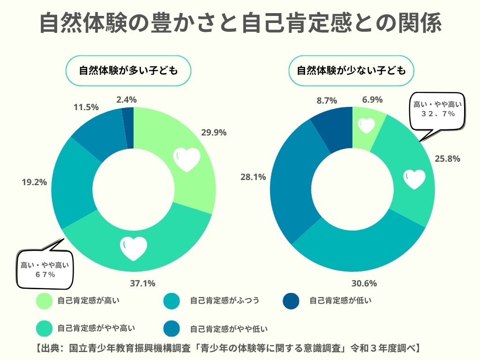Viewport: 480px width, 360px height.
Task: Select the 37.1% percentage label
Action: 142,283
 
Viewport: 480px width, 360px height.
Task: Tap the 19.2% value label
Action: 34,182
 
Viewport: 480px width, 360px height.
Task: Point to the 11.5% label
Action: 86,107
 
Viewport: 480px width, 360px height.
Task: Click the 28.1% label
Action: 253,177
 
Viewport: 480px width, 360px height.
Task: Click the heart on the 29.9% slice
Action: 187,160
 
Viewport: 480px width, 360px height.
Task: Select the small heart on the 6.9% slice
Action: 367,125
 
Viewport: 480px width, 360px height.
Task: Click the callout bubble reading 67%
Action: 45,270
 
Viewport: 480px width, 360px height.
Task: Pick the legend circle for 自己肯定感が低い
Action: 292,301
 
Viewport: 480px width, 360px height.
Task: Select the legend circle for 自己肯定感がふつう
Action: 172,301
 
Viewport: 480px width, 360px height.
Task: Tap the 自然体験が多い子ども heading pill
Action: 128,71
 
